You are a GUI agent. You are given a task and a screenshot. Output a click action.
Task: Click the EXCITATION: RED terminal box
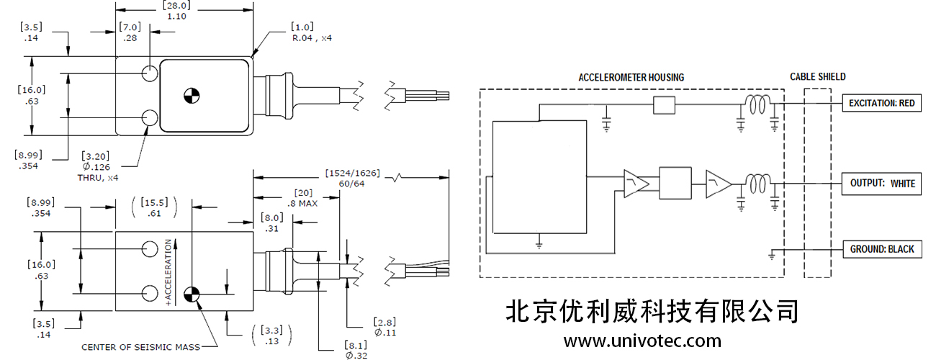881,103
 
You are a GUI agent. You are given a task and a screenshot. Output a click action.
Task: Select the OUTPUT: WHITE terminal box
881,184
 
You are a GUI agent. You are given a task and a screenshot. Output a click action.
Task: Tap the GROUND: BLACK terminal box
881,249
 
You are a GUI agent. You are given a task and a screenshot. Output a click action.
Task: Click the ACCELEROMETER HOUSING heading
631,77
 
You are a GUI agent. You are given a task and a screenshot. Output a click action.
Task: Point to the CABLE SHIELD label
817,76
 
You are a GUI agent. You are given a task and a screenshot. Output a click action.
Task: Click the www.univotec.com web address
642,340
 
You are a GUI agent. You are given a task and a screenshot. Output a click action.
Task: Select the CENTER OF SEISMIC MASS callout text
140,347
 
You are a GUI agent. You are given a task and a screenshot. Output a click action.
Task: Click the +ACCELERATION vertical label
169,273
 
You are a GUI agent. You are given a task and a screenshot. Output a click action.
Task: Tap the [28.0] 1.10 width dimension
176,11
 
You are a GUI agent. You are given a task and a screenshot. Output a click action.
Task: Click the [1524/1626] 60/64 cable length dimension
352,179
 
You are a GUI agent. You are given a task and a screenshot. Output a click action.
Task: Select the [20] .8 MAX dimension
302,198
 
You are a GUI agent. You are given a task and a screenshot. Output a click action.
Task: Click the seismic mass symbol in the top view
191,94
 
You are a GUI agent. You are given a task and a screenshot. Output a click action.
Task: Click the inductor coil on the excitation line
757,107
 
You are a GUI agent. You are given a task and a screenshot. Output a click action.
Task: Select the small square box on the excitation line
663,106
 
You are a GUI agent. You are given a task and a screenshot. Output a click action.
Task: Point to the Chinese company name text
652,311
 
